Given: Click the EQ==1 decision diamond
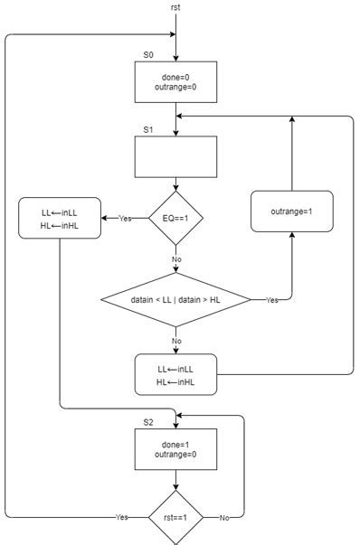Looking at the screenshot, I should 175,218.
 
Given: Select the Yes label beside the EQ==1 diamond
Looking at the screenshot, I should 125,219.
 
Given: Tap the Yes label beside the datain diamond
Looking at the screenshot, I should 271,299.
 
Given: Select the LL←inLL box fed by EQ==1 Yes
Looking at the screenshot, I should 59,219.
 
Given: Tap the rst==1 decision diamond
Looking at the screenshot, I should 175,517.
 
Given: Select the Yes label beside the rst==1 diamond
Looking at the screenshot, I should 121,517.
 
